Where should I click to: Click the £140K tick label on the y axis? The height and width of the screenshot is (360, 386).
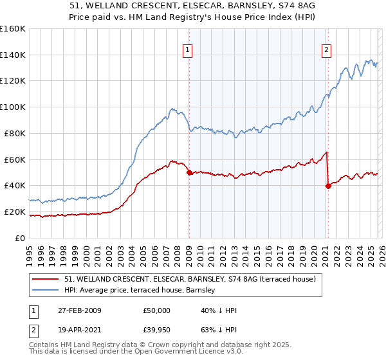point(13,55)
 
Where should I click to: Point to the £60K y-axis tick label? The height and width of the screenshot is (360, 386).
point(15,159)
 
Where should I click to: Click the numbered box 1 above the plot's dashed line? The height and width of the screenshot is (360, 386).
point(187,50)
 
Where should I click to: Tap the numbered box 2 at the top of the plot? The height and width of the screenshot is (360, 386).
point(326,50)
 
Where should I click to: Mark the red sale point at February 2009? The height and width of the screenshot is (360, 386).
point(189,172)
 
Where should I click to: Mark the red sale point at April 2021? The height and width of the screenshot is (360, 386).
point(328,186)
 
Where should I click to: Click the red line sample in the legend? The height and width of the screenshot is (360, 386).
point(46,280)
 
